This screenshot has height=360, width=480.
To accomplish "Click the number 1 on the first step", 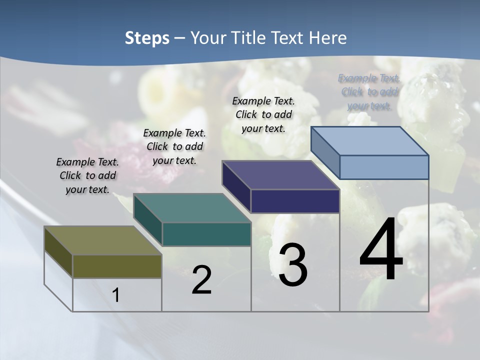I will coord(116,295).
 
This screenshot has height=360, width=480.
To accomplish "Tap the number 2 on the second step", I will coord(201,280).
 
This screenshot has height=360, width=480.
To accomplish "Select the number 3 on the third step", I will coord(293,265).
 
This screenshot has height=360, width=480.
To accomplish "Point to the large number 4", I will coord(381,250).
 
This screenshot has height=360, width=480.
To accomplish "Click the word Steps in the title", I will coord(147,38).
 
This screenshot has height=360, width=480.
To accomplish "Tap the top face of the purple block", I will coord(280,175).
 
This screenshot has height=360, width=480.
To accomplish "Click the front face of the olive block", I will coord(117,266).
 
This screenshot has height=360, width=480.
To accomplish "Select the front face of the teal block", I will coord(206,234).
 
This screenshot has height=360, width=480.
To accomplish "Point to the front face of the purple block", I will coord(295,201).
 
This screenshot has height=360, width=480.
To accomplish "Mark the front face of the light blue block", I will coord(384,167).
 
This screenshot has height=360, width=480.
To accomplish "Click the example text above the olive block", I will coord(87,175).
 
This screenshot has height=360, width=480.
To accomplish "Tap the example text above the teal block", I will coord(174,146).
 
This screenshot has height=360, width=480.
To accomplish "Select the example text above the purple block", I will coord(263,114).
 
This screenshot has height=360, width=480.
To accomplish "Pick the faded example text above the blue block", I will coord(369,92).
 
